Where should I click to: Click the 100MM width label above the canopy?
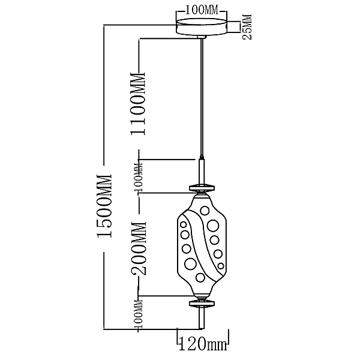(x=202, y=10)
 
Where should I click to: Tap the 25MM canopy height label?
(x=247, y=27)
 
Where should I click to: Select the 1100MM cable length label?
(x=138, y=104)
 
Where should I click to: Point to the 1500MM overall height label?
(x=104, y=206)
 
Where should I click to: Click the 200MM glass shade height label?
(x=139, y=248)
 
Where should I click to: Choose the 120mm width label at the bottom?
(x=203, y=344)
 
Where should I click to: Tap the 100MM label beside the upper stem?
(x=138, y=177)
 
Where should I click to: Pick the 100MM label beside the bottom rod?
(x=138, y=314)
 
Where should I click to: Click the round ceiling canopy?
(x=202, y=27)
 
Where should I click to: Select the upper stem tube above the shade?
(x=202, y=170)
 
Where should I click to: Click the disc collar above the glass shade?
(x=202, y=188)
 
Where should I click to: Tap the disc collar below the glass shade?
(x=202, y=303)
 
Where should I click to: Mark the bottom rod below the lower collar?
(x=202, y=318)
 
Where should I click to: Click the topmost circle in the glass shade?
(x=204, y=211)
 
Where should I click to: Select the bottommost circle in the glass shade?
(x=200, y=278)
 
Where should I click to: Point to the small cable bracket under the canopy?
(x=202, y=37)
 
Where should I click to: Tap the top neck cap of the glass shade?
(x=202, y=195)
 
